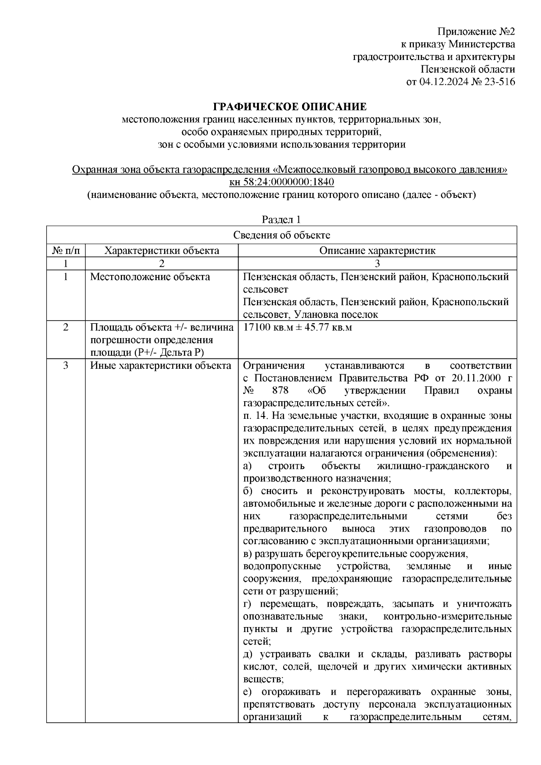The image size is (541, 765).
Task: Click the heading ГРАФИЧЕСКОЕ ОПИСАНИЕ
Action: pos(289,107)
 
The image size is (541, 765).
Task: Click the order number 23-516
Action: pos(498,82)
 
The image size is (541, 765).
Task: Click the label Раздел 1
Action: pos(281,220)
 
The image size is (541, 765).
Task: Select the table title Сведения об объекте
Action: pos(281,235)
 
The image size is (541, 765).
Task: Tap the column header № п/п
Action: pos(66,251)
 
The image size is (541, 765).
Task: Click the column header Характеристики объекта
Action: pos(161,251)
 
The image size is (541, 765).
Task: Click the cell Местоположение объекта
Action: pos(150,277)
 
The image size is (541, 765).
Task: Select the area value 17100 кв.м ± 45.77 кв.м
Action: pos(298,328)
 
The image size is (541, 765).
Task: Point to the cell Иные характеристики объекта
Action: pos(160,366)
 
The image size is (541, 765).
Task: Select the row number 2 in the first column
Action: pos(66,328)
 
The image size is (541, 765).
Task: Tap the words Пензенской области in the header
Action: pos(467,69)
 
